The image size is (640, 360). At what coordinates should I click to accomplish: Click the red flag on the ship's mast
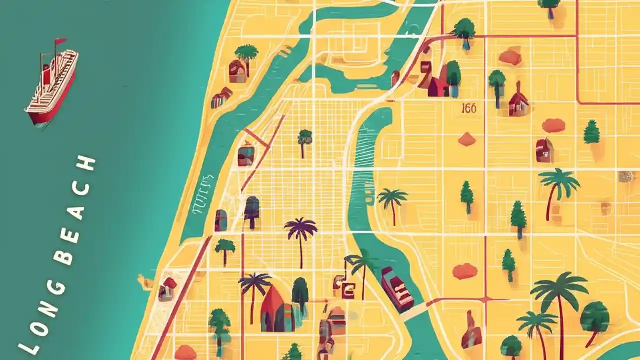coord(61,41)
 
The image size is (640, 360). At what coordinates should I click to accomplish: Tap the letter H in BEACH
coord(89,163)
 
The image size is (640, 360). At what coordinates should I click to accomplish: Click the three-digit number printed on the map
coord(469,108)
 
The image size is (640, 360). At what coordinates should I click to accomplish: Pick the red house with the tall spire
coord(518,101)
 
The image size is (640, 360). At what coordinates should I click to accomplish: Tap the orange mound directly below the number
coord(467,139)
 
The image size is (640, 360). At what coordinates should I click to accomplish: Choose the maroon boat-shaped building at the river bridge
coord(397,289)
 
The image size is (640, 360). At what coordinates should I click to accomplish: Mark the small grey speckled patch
coord(626,176)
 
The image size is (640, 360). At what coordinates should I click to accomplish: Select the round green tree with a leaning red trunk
coord(594,319)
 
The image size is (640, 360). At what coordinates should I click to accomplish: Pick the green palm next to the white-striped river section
coord(392,201)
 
